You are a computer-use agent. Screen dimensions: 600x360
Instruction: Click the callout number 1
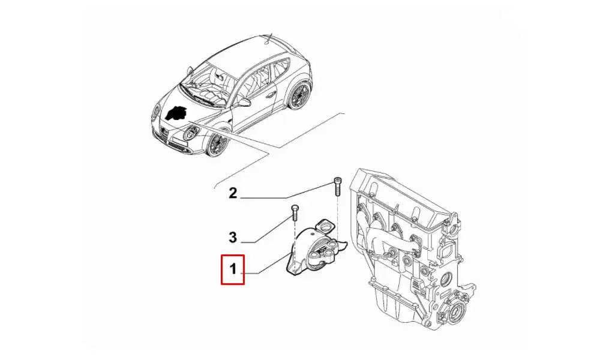[x=233, y=269]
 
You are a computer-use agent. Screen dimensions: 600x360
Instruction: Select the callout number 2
[x=233, y=193]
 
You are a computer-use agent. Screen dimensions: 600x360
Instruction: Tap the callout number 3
[x=233, y=237]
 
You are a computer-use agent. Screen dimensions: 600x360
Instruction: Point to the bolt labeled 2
[x=337, y=187]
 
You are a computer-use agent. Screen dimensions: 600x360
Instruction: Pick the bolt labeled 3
[x=294, y=213]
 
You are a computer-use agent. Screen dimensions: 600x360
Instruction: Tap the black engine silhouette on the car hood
[x=176, y=113]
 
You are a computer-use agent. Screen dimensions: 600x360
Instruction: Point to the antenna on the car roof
[x=268, y=39]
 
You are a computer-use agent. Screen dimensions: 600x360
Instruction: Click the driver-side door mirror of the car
[x=244, y=102]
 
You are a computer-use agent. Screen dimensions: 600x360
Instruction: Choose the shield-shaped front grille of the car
[x=164, y=134]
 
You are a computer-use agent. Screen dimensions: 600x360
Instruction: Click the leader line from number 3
[x=267, y=230]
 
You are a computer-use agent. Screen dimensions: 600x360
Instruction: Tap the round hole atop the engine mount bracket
[x=325, y=228]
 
